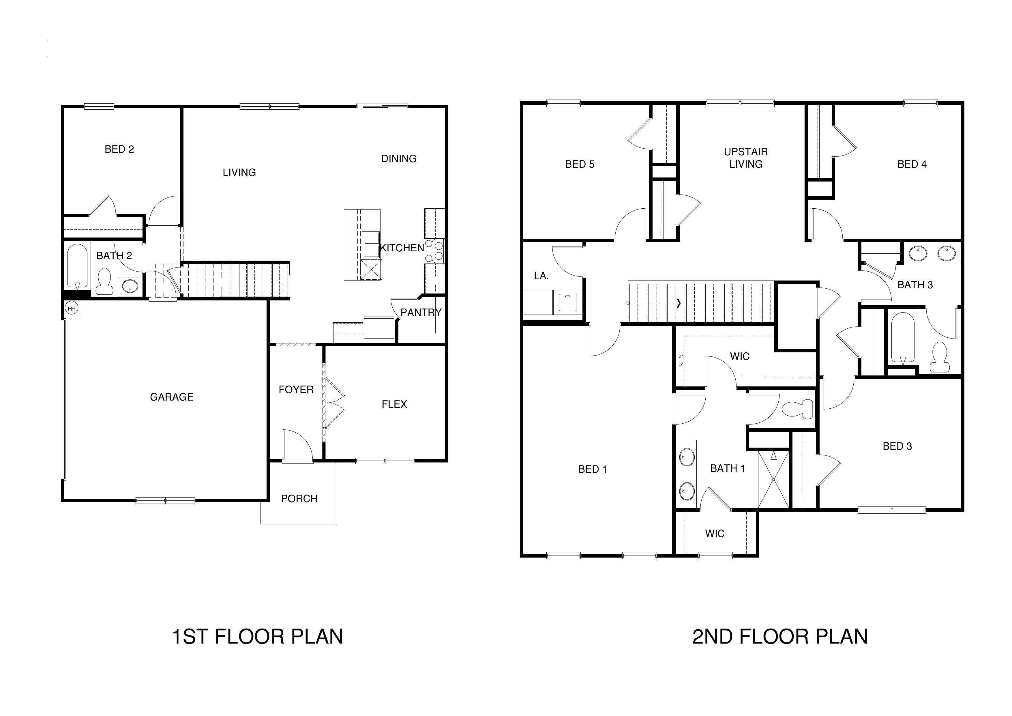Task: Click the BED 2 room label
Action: click(x=119, y=149)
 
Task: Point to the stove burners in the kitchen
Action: click(x=434, y=250)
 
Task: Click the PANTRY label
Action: click(x=421, y=313)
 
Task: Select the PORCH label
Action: click(x=299, y=499)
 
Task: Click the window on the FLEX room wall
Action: click(x=385, y=461)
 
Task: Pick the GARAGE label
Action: click(x=171, y=397)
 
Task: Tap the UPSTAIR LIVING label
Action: click(x=745, y=158)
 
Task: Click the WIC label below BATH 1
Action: click(x=715, y=534)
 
